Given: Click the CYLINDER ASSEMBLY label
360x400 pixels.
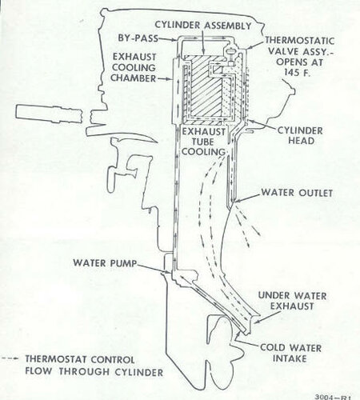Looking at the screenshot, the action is (x=203, y=26).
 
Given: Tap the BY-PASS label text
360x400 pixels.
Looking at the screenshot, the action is (x=138, y=38).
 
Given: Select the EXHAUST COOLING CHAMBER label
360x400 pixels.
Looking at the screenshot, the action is (x=134, y=67).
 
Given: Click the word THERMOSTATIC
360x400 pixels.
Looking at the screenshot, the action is (x=300, y=41).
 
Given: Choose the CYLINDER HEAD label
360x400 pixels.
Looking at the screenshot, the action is (x=301, y=135).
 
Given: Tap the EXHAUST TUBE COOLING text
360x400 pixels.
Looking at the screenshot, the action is (x=204, y=142).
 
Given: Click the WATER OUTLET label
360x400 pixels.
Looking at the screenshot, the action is (x=297, y=193).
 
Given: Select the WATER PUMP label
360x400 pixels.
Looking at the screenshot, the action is (x=105, y=263).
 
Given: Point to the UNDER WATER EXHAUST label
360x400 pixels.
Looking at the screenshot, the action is (x=292, y=301).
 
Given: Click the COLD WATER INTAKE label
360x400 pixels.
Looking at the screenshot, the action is (x=290, y=353).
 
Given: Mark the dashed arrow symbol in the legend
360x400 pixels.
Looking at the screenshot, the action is (x=10, y=359).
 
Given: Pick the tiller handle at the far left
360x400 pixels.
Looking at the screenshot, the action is (x=49, y=114).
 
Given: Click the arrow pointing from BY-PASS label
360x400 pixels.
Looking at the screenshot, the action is (x=168, y=40).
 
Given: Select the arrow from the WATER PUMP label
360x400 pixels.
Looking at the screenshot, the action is (x=154, y=268).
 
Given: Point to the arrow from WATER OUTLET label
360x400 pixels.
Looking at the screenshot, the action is (x=247, y=198).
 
